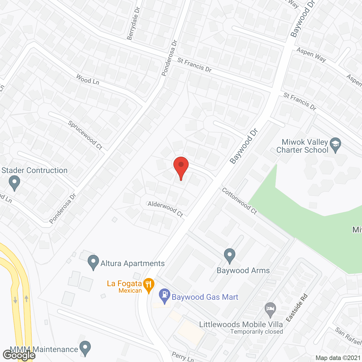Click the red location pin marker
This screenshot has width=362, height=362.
181,167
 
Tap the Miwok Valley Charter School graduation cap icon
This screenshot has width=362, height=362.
335,145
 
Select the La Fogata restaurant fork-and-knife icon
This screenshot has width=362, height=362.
149,285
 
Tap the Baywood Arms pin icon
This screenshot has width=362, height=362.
230,255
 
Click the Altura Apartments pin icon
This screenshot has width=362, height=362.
93,262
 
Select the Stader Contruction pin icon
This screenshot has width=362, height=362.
14,182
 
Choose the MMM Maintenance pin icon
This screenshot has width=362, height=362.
85,348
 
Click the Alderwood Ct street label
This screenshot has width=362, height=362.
165,209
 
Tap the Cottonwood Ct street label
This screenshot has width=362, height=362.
239,201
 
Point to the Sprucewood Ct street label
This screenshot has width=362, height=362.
85,135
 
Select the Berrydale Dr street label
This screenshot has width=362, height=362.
133,23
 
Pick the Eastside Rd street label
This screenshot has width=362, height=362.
297,308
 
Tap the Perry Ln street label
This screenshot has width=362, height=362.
183,357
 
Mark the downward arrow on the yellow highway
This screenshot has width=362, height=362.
15,300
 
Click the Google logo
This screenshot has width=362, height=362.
19,355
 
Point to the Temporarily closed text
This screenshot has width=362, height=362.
257,331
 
